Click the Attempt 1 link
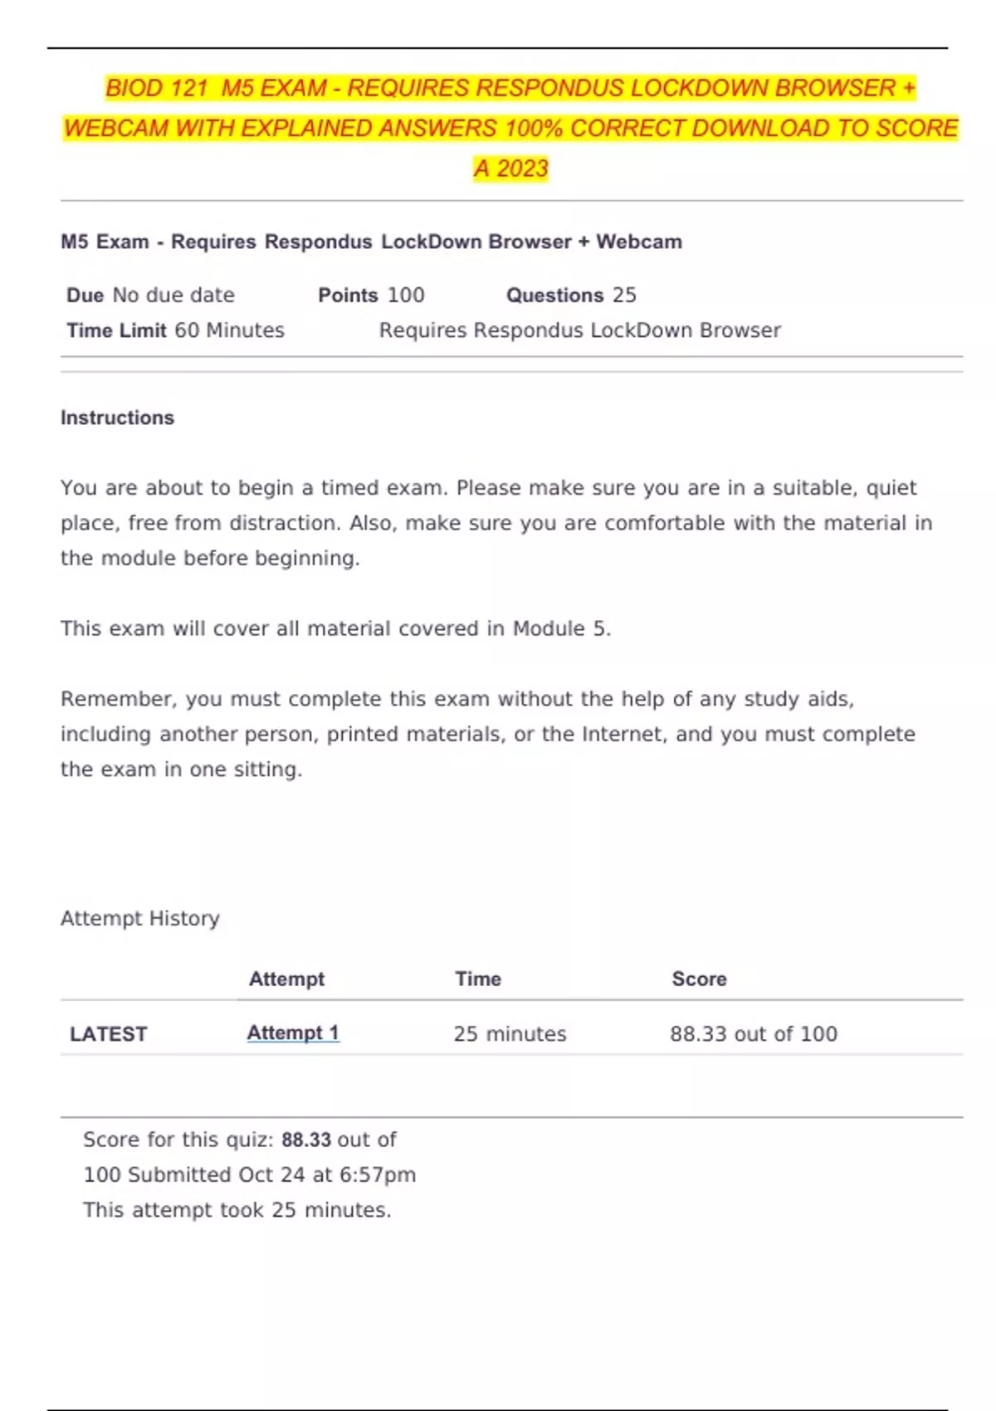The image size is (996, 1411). (x=293, y=1033)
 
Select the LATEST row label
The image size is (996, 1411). (x=108, y=1034)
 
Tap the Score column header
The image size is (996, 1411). (x=699, y=979)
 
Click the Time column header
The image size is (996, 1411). (x=478, y=979)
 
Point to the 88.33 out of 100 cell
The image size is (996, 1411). (x=754, y=1034)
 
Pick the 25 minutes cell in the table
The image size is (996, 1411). (x=510, y=1034)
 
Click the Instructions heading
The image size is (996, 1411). (x=117, y=417)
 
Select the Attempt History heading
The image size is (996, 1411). (x=140, y=919)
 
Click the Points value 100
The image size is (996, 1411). (x=406, y=295)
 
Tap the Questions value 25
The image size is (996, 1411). (x=624, y=295)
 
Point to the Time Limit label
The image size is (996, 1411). (x=116, y=330)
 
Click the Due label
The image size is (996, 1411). (x=85, y=295)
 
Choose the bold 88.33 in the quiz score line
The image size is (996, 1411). (x=306, y=1140)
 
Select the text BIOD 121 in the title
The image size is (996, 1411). (x=156, y=88)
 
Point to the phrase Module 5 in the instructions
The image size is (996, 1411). (x=559, y=629)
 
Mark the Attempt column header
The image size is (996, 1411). (x=286, y=979)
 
